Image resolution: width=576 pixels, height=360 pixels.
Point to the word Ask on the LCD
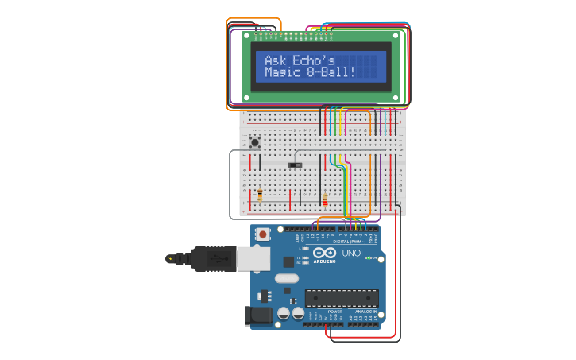275,60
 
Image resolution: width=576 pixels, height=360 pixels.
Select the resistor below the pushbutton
260,194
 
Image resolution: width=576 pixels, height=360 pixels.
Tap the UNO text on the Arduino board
351,254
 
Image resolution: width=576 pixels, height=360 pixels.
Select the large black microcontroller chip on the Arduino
342,298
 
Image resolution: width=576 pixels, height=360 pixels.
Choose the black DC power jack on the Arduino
260,315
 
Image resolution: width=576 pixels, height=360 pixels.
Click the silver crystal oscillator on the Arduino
288,278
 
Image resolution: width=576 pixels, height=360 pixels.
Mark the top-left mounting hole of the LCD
246,35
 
